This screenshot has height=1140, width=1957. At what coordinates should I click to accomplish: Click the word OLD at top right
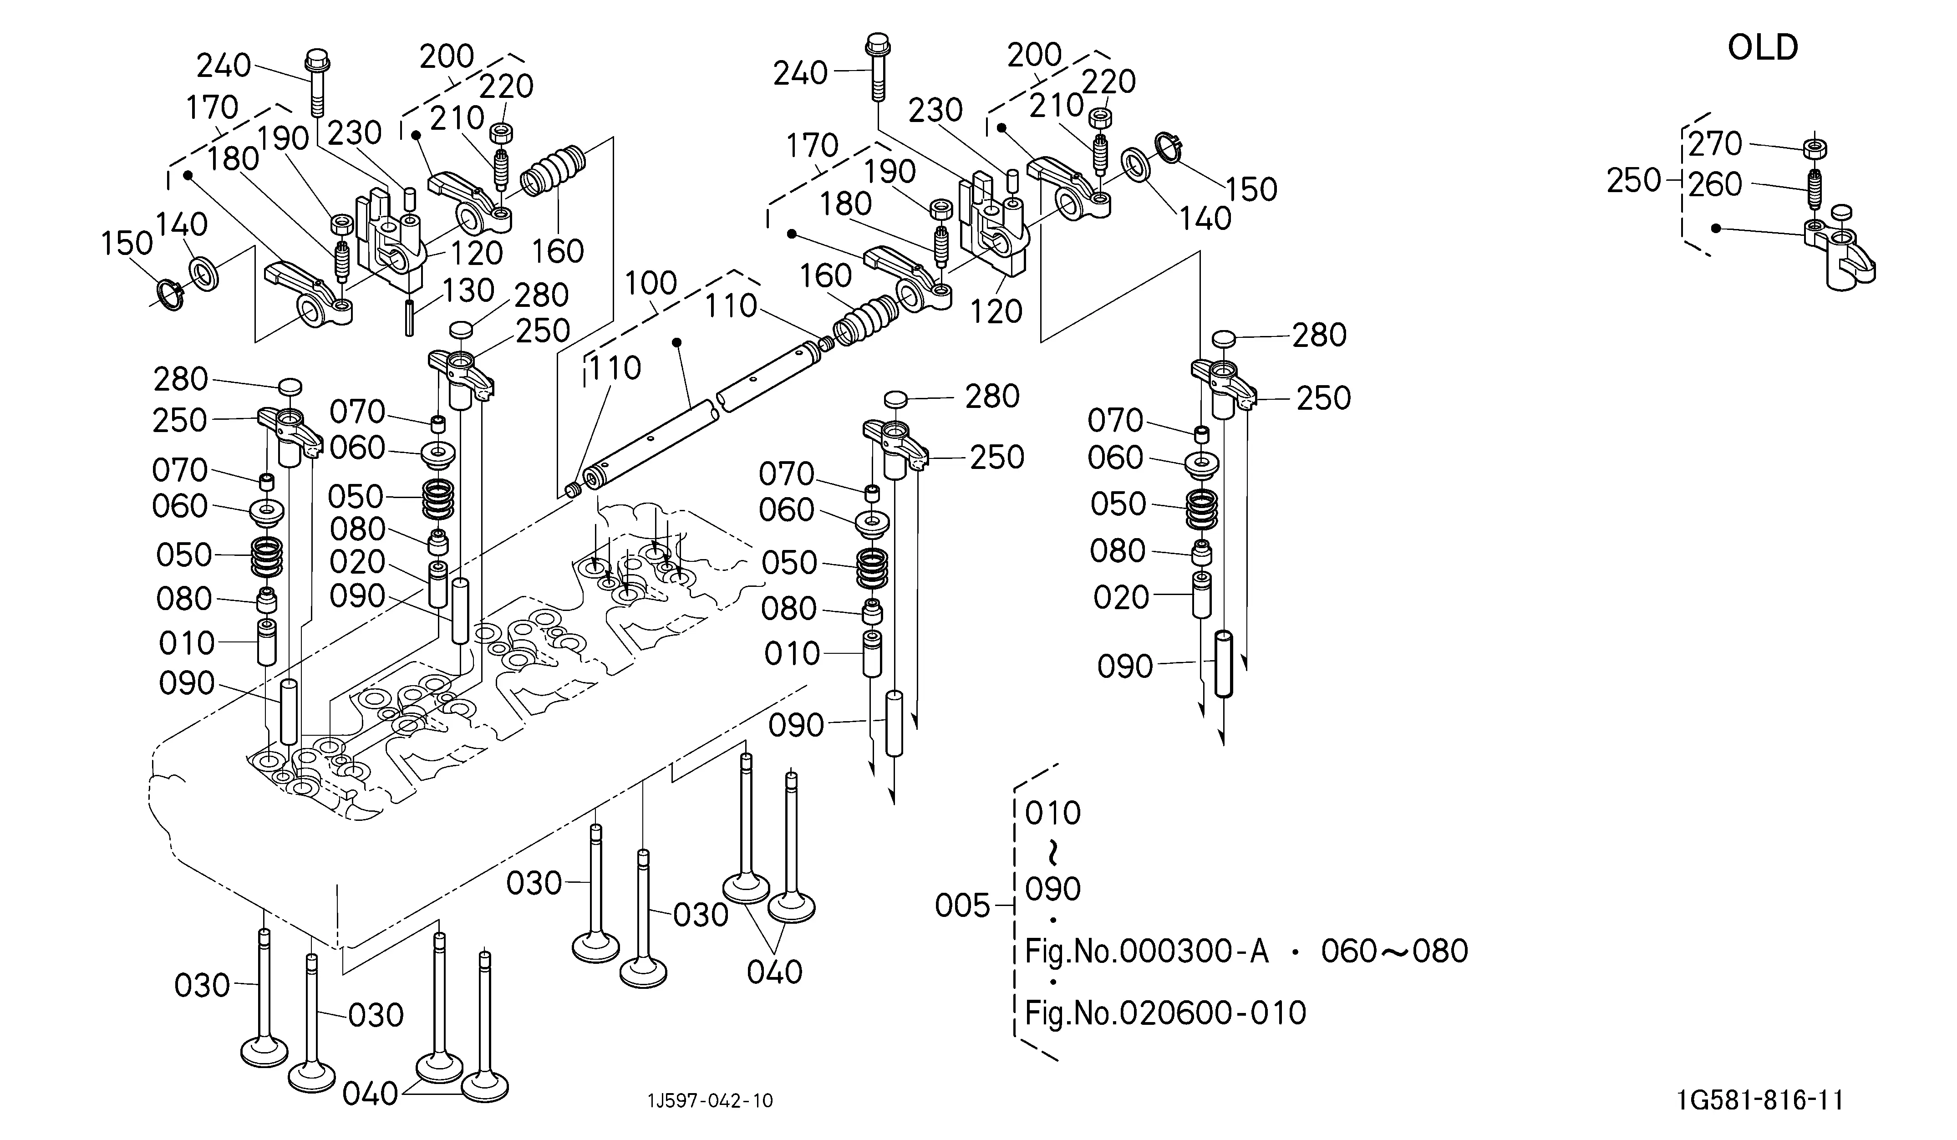coord(1763,48)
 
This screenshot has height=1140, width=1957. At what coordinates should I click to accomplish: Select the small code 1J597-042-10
coord(711,1100)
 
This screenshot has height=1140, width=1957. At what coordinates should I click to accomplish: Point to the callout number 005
coord(962,906)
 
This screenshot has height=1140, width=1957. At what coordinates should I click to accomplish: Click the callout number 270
coord(1715,144)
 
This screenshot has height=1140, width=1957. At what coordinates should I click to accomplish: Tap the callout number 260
coord(1715,185)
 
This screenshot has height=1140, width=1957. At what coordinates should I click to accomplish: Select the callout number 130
coord(468,290)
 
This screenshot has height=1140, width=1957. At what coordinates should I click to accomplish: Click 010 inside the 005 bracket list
coord(1053,813)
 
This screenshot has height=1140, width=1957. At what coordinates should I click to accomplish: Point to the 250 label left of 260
coord(1634,181)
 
